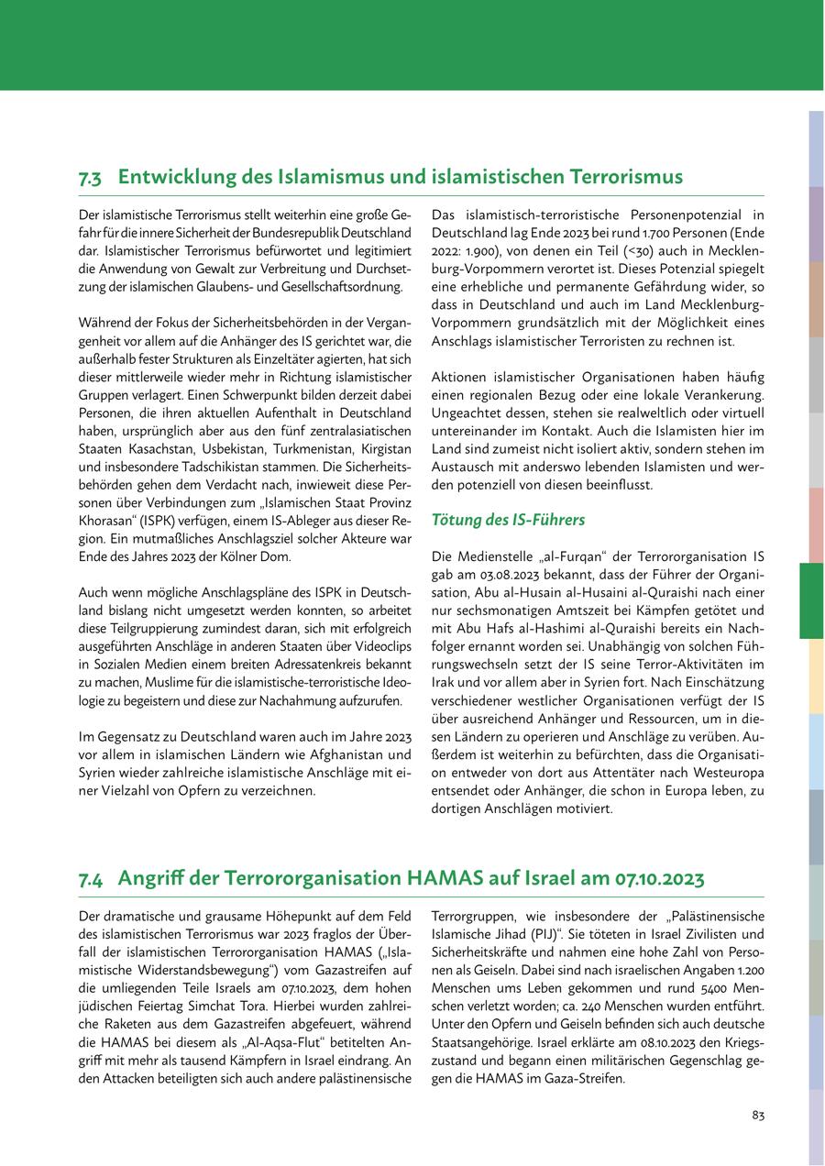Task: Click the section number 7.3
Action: (x=90, y=177)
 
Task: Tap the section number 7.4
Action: (x=90, y=879)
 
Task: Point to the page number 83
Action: (x=758, y=1115)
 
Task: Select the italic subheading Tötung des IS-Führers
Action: (x=508, y=521)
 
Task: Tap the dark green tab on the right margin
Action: (x=811, y=600)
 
